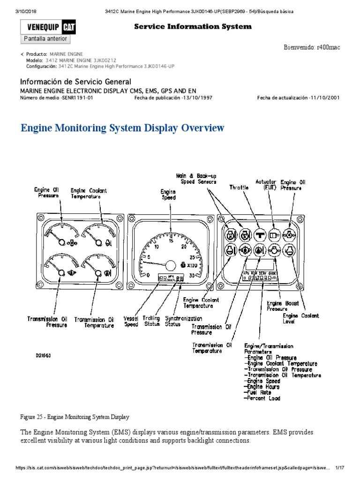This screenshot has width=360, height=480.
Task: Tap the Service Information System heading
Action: [193, 27]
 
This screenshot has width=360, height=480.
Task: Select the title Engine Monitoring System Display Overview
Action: [123, 127]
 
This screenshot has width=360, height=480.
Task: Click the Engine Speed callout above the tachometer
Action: [168, 195]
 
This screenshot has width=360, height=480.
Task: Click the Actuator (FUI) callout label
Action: [265, 184]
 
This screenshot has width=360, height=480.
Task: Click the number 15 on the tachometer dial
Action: [172, 241]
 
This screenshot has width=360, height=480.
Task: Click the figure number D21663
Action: [43, 356]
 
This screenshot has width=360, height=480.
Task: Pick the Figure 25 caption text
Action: [75, 417]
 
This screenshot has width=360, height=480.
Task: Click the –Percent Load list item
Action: [262, 398]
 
